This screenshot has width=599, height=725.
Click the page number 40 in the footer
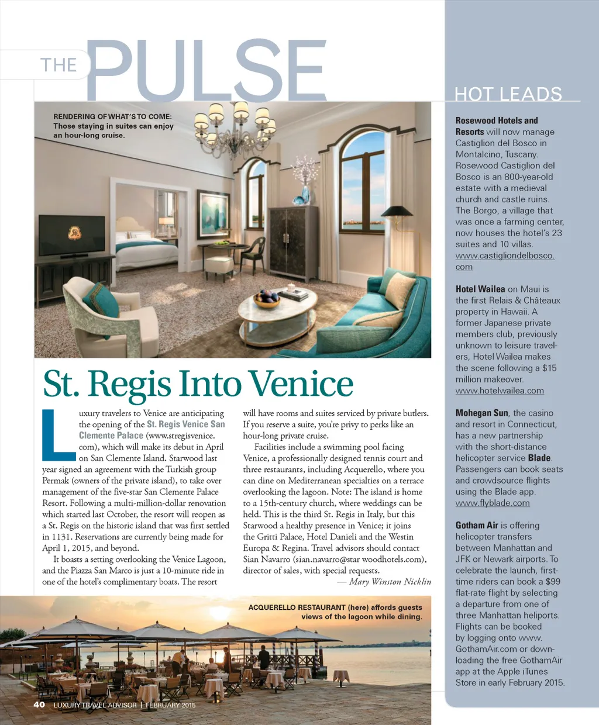(39, 705)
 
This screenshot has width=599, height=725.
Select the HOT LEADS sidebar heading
(508, 94)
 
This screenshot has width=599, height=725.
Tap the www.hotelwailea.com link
(500, 391)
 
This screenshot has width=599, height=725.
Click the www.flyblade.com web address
(493, 503)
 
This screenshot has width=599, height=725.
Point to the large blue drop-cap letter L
(57, 435)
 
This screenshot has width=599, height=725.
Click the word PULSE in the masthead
(206, 70)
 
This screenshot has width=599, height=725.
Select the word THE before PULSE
(58, 65)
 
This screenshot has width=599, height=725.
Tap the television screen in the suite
(73, 235)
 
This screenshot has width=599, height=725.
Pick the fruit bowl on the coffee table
(267, 299)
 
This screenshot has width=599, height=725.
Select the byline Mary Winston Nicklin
(390, 582)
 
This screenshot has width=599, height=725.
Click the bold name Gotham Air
(477, 526)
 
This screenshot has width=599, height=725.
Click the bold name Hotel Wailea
(480, 289)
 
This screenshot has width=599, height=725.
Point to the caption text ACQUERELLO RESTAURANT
(297, 607)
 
